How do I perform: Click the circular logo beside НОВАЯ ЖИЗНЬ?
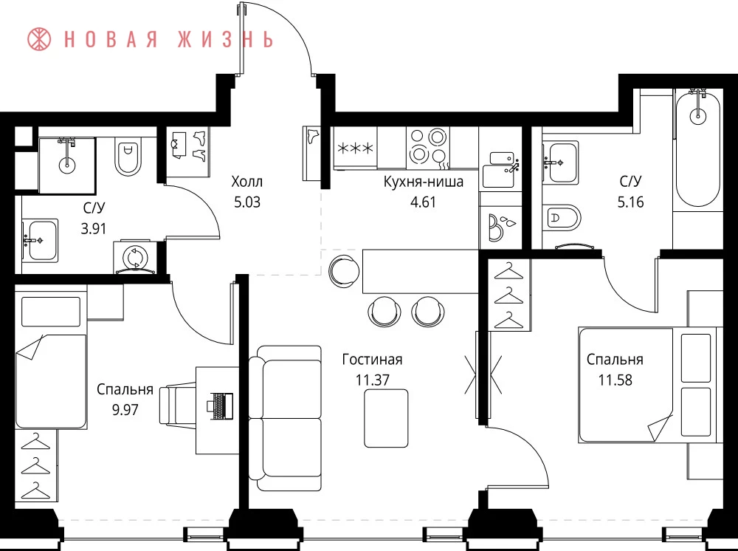click(39, 39)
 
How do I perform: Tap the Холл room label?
click(246, 181)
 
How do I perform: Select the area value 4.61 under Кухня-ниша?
click(423, 202)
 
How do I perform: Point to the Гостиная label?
click(372, 360)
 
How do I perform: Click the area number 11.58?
click(615, 380)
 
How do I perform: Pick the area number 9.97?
click(125, 409)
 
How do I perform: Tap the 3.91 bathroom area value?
click(93, 229)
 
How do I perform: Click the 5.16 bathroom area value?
click(630, 202)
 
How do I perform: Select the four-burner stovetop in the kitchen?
click(428, 148)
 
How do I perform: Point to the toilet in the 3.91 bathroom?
click(128, 157)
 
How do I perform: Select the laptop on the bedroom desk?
click(220, 405)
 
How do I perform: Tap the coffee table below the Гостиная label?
click(386, 418)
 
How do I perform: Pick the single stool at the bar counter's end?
click(345, 270)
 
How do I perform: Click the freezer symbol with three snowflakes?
click(356, 148)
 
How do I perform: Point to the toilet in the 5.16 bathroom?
click(562, 218)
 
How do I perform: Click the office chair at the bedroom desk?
click(178, 405)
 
